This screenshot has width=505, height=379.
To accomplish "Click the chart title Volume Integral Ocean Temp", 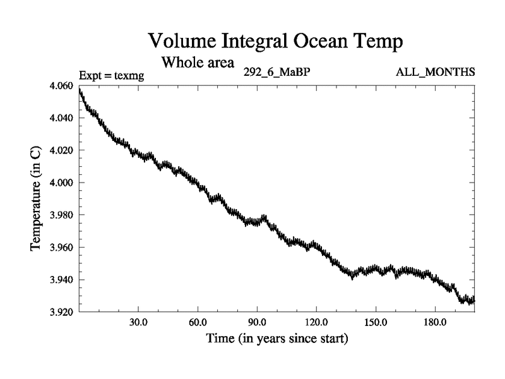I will click(275, 42).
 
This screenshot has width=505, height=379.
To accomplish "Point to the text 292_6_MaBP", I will click(276, 73).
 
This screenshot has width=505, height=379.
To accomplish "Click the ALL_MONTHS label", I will click(435, 73).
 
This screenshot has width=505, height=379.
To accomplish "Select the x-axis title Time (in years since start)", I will click(276, 339).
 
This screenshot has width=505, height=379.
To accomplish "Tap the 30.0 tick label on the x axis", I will click(138, 322).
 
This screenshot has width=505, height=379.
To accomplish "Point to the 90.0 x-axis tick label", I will click(257, 322).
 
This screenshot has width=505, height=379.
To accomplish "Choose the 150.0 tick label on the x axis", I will click(376, 322).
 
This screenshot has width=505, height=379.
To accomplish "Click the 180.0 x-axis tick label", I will click(435, 322).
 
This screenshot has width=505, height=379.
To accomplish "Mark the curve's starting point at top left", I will click(80, 90).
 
